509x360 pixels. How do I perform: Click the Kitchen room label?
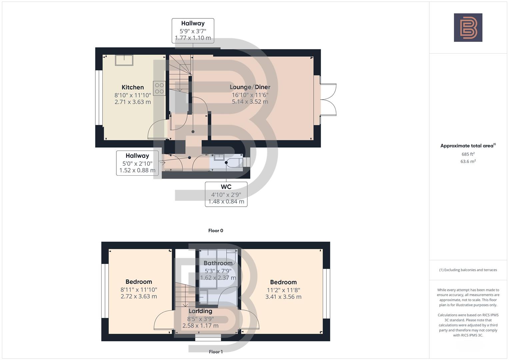click(x=133, y=87)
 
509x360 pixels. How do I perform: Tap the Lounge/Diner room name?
click(x=250, y=87)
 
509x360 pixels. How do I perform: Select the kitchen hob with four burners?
click(x=159, y=88)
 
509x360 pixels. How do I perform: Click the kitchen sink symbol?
click(x=124, y=60)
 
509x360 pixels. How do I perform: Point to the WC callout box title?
click(x=226, y=187)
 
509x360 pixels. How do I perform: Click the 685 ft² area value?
click(x=468, y=154)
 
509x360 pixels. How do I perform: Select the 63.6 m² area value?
click(x=468, y=161)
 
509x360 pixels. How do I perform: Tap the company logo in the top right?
click(x=468, y=27)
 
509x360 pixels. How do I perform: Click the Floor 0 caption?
click(x=216, y=231)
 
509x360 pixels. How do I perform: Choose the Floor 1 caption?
click(x=216, y=352)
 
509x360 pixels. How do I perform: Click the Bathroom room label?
click(x=218, y=263)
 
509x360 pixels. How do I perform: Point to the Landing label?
click(x=200, y=311)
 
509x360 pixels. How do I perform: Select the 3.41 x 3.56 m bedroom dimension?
click(x=283, y=297)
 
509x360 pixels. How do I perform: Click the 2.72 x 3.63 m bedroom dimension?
click(x=139, y=296)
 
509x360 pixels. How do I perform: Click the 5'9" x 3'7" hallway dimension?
click(x=193, y=31)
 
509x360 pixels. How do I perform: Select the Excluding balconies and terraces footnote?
click(x=468, y=270)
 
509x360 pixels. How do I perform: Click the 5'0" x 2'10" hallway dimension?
click(x=137, y=163)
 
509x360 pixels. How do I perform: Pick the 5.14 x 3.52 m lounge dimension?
click(x=250, y=102)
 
